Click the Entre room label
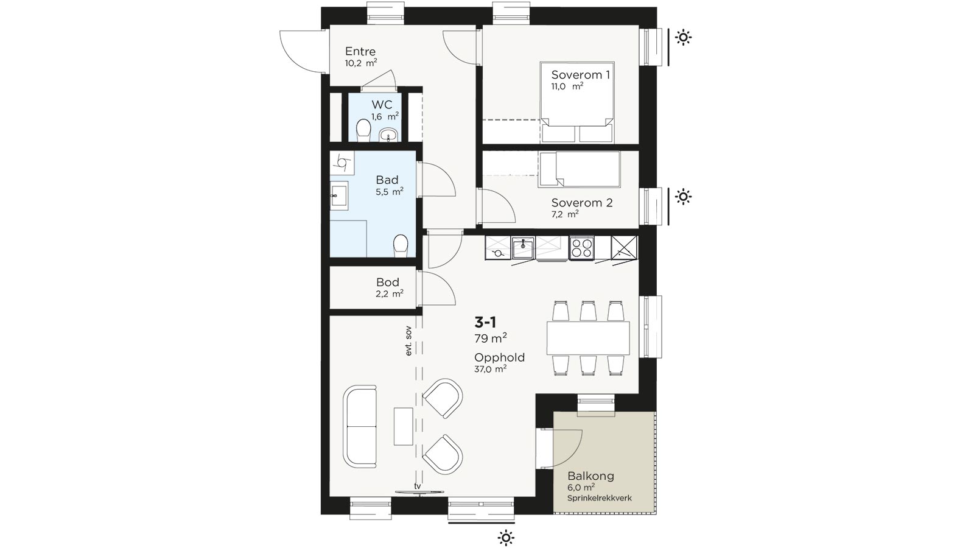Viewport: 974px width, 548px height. point(360,51)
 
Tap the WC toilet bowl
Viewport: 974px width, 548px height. point(363,130)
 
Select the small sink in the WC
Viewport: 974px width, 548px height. point(388,135)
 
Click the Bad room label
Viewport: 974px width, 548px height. point(387,180)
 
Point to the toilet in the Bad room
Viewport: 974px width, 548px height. point(401,246)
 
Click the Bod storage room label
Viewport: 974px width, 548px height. point(387,283)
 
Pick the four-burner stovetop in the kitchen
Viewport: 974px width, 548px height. point(582,248)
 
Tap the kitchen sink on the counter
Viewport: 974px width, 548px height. point(523,248)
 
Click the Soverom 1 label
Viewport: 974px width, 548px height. point(581,75)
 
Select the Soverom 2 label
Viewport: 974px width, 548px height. point(582,203)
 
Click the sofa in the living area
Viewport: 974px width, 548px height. point(360,426)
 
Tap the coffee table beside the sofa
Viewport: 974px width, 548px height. point(403,426)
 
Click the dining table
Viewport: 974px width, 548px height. point(588,338)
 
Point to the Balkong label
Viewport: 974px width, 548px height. point(590,476)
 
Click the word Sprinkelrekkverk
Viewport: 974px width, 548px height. point(599,498)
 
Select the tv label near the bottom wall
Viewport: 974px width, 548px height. point(418,486)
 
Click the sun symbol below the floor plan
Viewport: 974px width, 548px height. point(506,538)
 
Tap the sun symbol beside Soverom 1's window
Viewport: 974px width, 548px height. point(683,37)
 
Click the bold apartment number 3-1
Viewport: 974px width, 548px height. point(485,322)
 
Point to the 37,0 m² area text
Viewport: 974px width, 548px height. point(490,369)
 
